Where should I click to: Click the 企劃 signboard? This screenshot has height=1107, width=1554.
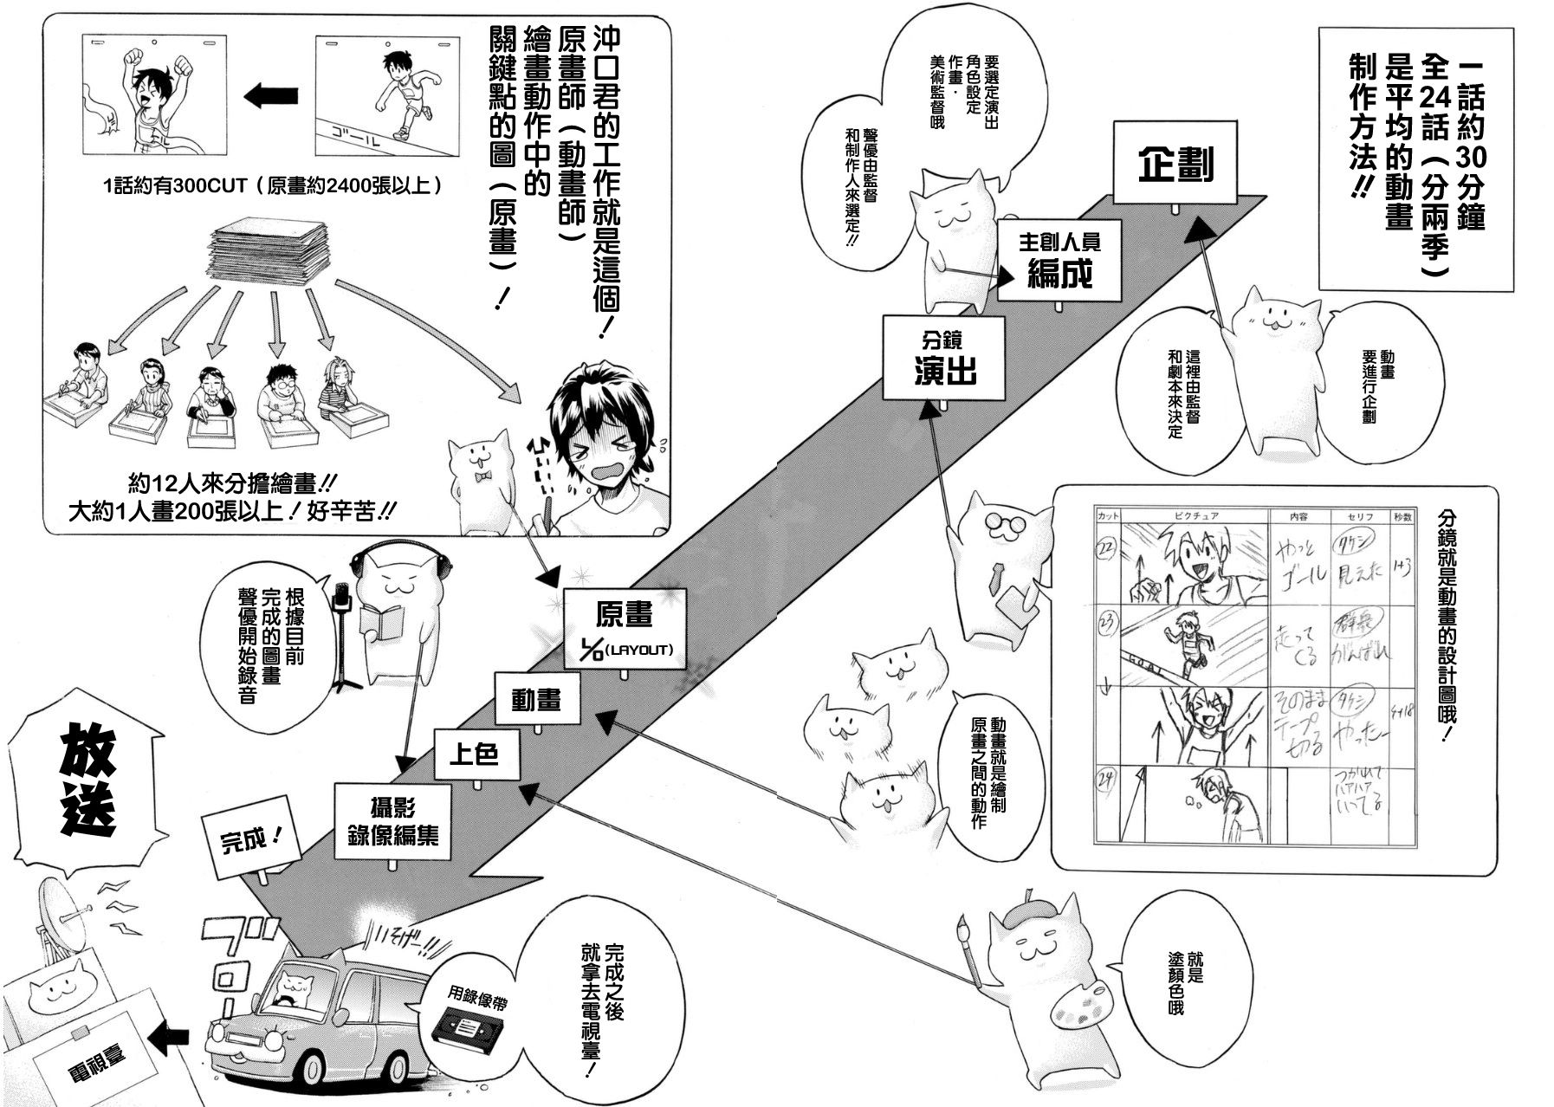[1176, 165]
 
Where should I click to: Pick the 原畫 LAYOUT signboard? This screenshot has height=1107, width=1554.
[625, 628]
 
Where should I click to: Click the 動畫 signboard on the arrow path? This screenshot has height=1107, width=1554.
[536, 700]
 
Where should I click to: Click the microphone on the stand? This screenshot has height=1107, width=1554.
[341, 596]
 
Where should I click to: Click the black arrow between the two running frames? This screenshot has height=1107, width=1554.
[271, 96]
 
